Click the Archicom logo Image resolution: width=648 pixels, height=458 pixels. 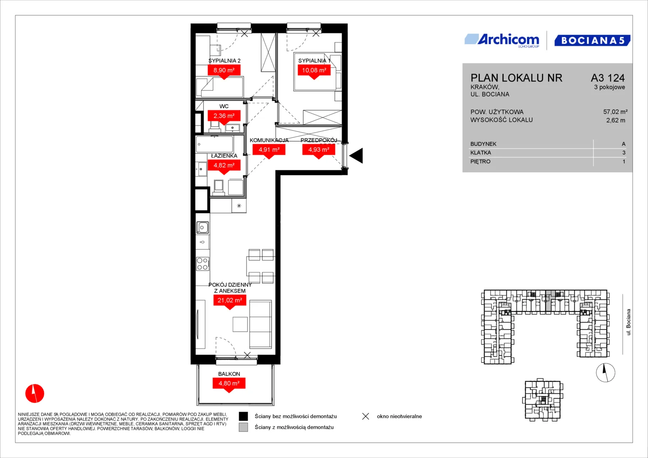(502, 40)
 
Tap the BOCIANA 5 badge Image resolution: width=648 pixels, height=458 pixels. (592, 40)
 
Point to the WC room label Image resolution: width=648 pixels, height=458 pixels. (224, 106)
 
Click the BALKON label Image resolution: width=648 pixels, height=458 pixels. (229, 374)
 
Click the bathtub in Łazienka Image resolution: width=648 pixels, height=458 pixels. (214, 144)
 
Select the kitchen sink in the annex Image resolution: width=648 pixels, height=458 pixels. (202, 227)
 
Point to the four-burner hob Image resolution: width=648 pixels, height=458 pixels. (202, 264)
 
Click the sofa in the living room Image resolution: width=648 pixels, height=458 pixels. (261, 324)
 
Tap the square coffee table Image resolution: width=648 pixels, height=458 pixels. (240, 324)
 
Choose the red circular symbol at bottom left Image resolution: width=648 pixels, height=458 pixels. (35, 393)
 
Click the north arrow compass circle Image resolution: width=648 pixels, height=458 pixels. (606, 372)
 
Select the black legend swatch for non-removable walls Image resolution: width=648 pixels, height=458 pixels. (243, 416)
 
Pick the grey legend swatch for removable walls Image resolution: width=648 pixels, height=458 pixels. (243, 427)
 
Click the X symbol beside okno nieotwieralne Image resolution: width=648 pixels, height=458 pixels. (366, 416)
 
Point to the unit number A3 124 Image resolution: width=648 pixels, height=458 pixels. (608, 78)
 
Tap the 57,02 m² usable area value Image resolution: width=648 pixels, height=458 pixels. (615, 112)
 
